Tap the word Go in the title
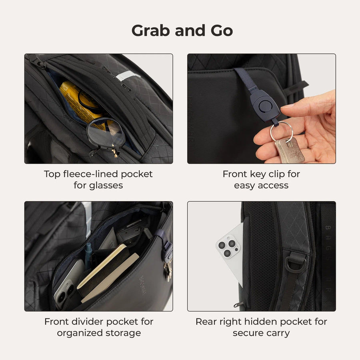coord(220,31)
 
